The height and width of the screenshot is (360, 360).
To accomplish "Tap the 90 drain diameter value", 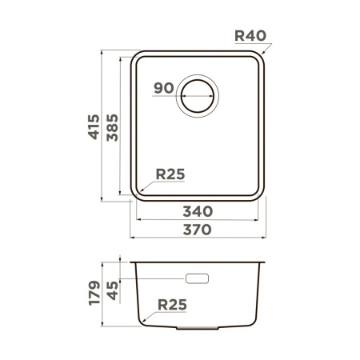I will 164,89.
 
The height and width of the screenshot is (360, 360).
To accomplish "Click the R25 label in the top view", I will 170,174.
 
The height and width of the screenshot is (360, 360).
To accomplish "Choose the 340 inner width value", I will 197,211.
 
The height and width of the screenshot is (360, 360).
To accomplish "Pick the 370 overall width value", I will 197,230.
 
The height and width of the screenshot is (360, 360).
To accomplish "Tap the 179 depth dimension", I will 94,294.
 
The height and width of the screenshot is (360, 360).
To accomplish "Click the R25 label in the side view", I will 173,305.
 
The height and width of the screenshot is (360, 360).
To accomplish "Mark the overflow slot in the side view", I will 197,278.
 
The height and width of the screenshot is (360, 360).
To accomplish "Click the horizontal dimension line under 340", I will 197,220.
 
